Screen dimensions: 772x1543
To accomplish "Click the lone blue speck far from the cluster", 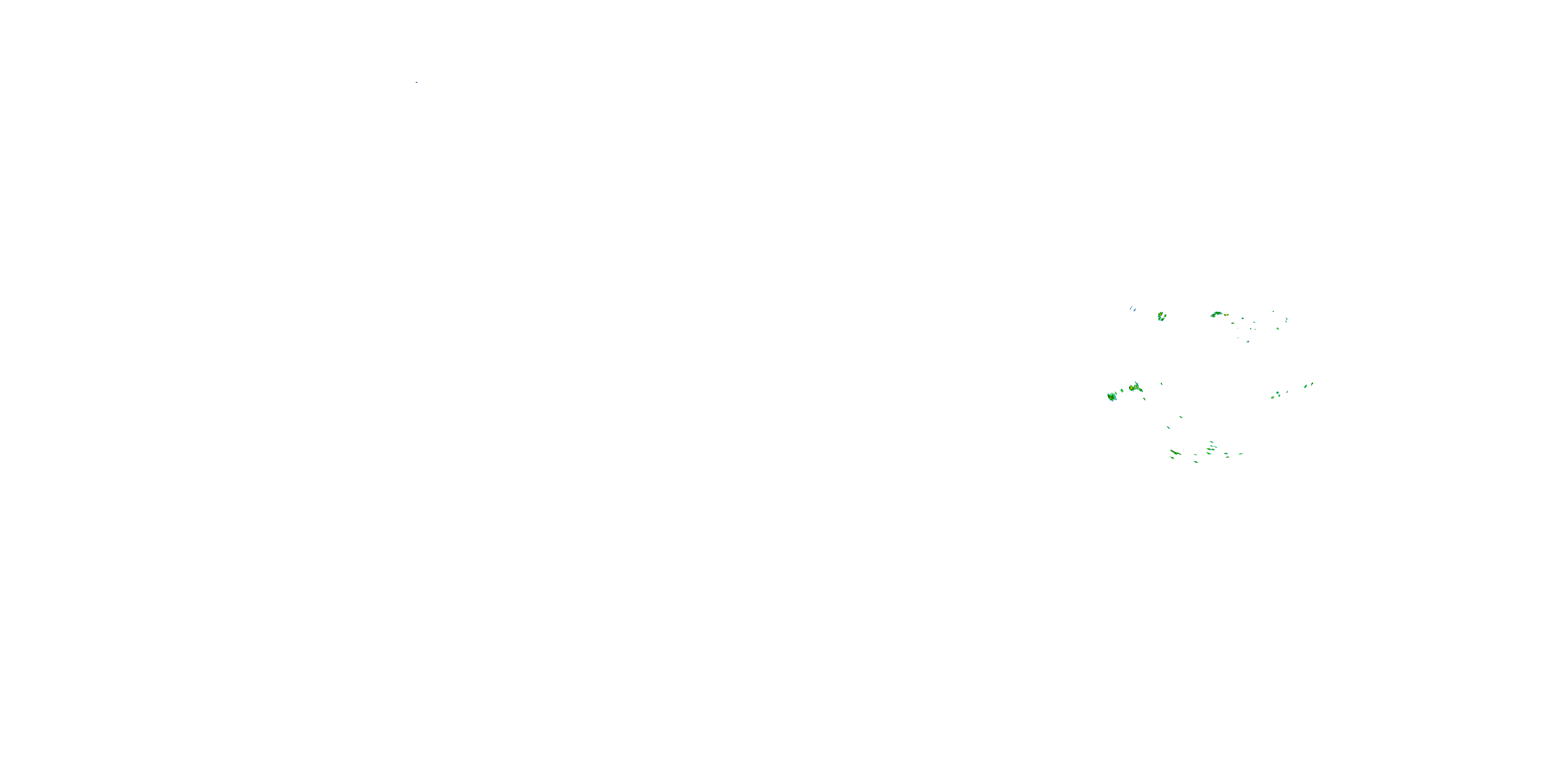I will point(416,82).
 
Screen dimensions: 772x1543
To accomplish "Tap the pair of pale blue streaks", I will point(1133,309).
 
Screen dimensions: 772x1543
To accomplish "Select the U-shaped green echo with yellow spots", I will point(1161,316).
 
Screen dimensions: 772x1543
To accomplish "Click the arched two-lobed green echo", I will point(1216,313).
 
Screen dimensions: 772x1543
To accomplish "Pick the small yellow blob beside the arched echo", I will point(1226,314).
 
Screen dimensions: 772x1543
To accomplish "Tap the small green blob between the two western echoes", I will point(1122,390).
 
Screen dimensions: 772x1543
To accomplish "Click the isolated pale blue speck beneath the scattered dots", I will point(1248,341).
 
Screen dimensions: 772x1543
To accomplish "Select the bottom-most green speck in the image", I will point(1196,462).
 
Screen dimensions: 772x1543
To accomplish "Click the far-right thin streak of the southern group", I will point(1241,454).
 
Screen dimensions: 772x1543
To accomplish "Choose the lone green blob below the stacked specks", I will point(1278,328).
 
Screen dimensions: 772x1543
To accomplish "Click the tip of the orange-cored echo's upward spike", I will point(1136,382).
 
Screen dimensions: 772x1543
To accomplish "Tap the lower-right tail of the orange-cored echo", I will point(1141,391).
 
